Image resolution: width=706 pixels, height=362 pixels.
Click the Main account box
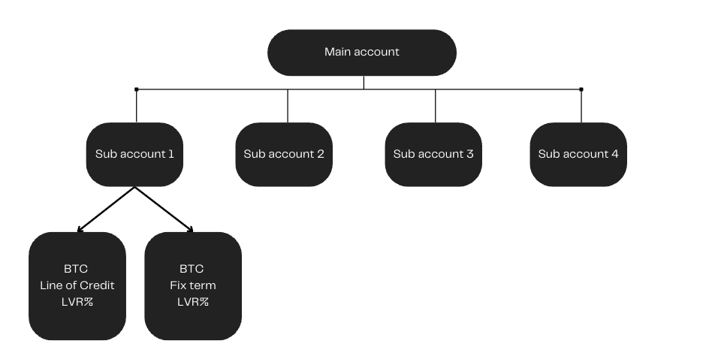(362, 53)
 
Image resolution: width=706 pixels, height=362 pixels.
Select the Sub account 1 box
(134, 154)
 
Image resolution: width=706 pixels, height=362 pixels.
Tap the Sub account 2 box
(284, 154)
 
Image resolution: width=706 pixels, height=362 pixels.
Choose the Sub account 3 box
(433, 154)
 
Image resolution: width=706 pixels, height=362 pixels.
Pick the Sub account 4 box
(578, 154)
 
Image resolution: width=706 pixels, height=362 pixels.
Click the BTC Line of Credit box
(77, 285)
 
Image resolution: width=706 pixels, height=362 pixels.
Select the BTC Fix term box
(193, 285)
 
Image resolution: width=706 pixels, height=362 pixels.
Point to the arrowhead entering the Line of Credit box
(80, 229)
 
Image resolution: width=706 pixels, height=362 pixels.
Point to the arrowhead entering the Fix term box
(191, 229)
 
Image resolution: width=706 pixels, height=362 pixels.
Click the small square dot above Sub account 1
(136, 89)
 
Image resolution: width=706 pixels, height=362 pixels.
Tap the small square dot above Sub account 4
(581, 89)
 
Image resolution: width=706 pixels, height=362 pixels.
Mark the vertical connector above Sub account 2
(287, 106)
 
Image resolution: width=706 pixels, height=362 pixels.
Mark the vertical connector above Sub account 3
(436, 106)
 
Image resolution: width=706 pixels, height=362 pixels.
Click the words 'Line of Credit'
(77, 285)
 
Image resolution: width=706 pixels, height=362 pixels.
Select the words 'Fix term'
(193, 285)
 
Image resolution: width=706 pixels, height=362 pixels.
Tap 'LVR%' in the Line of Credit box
(77, 302)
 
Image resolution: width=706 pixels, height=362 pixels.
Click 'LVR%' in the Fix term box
(193, 302)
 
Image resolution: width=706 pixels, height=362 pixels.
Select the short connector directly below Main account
(364, 82)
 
